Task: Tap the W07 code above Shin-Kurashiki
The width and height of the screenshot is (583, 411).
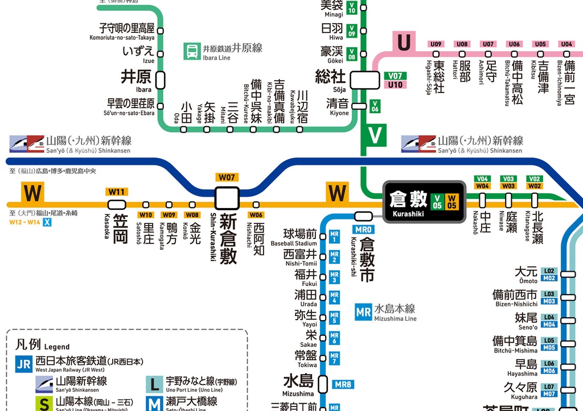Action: (x=227, y=177)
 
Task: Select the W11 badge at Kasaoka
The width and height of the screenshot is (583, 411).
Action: (x=117, y=192)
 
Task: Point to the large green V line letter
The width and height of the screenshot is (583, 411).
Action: (x=375, y=135)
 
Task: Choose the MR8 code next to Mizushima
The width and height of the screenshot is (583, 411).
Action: (x=343, y=385)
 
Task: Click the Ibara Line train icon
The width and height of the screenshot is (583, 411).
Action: (x=191, y=52)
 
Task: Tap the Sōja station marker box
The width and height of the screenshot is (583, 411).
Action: (x=364, y=80)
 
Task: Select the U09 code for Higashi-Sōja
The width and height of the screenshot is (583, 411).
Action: (x=436, y=44)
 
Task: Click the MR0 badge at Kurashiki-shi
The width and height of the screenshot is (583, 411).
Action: (x=363, y=229)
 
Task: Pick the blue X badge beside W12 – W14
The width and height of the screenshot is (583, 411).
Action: (x=47, y=222)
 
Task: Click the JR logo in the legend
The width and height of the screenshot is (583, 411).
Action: (x=23, y=364)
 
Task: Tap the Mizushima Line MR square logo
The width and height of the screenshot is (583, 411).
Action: (x=363, y=312)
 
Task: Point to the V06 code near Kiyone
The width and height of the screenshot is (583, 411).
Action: (x=375, y=105)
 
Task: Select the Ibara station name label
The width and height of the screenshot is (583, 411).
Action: (x=136, y=77)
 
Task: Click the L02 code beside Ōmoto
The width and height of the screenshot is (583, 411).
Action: (x=549, y=271)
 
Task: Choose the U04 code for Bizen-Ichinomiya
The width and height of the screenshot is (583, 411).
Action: (x=566, y=44)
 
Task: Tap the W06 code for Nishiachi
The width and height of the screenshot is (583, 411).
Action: (x=256, y=215)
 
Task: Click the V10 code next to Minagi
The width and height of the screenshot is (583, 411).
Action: (x=352, y=8)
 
